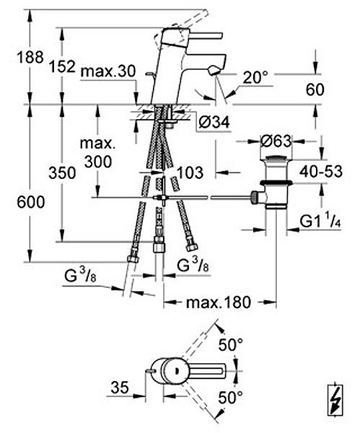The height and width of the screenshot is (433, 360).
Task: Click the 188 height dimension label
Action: click(x=30, y=58)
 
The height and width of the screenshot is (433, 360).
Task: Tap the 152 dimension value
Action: click(x=62, y=66)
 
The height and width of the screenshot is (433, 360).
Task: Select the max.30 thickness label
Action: click(x=108, y=71)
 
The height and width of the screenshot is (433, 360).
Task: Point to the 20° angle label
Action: click(x=255, y=77)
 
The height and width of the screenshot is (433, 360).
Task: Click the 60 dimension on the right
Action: click(x=315, y=90)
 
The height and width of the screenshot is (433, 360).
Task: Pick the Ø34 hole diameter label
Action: click(x=214, y=122)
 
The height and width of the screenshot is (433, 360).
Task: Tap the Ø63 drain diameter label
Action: click(x=276, y=141)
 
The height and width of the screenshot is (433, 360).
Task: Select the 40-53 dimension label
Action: click(x=321, y=172)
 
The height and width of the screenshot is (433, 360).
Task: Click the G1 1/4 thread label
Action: click(x=320, y=222)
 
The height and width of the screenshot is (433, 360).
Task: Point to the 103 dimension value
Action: click(x=190, y=172)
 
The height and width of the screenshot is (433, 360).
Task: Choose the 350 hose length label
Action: click(x=62, y=173)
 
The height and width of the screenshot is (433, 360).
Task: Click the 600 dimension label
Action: click(x=30, y=202)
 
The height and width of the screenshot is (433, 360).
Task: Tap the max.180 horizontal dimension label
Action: click(x=219, y=302)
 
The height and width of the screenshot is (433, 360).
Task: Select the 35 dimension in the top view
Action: click(x=120, y=388)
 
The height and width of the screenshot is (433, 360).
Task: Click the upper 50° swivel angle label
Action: click(x=231, y=345)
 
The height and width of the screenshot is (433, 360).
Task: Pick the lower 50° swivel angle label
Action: click(x=231, y=398)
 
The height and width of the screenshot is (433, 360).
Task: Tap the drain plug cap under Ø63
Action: click(x=276, y=159)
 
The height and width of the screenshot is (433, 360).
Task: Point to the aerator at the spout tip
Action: click(x=214, y=71)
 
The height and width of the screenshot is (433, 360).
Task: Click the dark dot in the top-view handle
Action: click(x=175, y=371)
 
